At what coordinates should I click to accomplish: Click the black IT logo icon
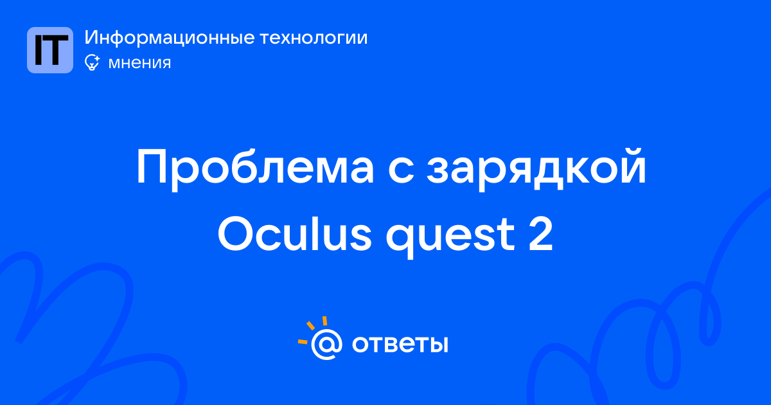coord(50,50)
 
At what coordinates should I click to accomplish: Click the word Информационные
coord(170,37)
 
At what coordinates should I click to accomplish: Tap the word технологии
coord(314,38)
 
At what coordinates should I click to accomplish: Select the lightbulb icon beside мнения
coord(92,62)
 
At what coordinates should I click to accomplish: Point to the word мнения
coord(139,63)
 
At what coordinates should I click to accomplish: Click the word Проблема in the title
coord(255,166)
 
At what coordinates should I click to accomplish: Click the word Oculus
coord(295,233)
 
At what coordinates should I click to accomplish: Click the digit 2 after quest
coord(541,234)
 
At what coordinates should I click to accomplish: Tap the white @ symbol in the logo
coord(326,345)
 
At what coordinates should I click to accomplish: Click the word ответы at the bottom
coord(400,344)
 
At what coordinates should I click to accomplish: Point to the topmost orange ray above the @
coord(324,321)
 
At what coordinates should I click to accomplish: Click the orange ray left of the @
coord(303,341)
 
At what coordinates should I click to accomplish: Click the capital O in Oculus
coord(236,233)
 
